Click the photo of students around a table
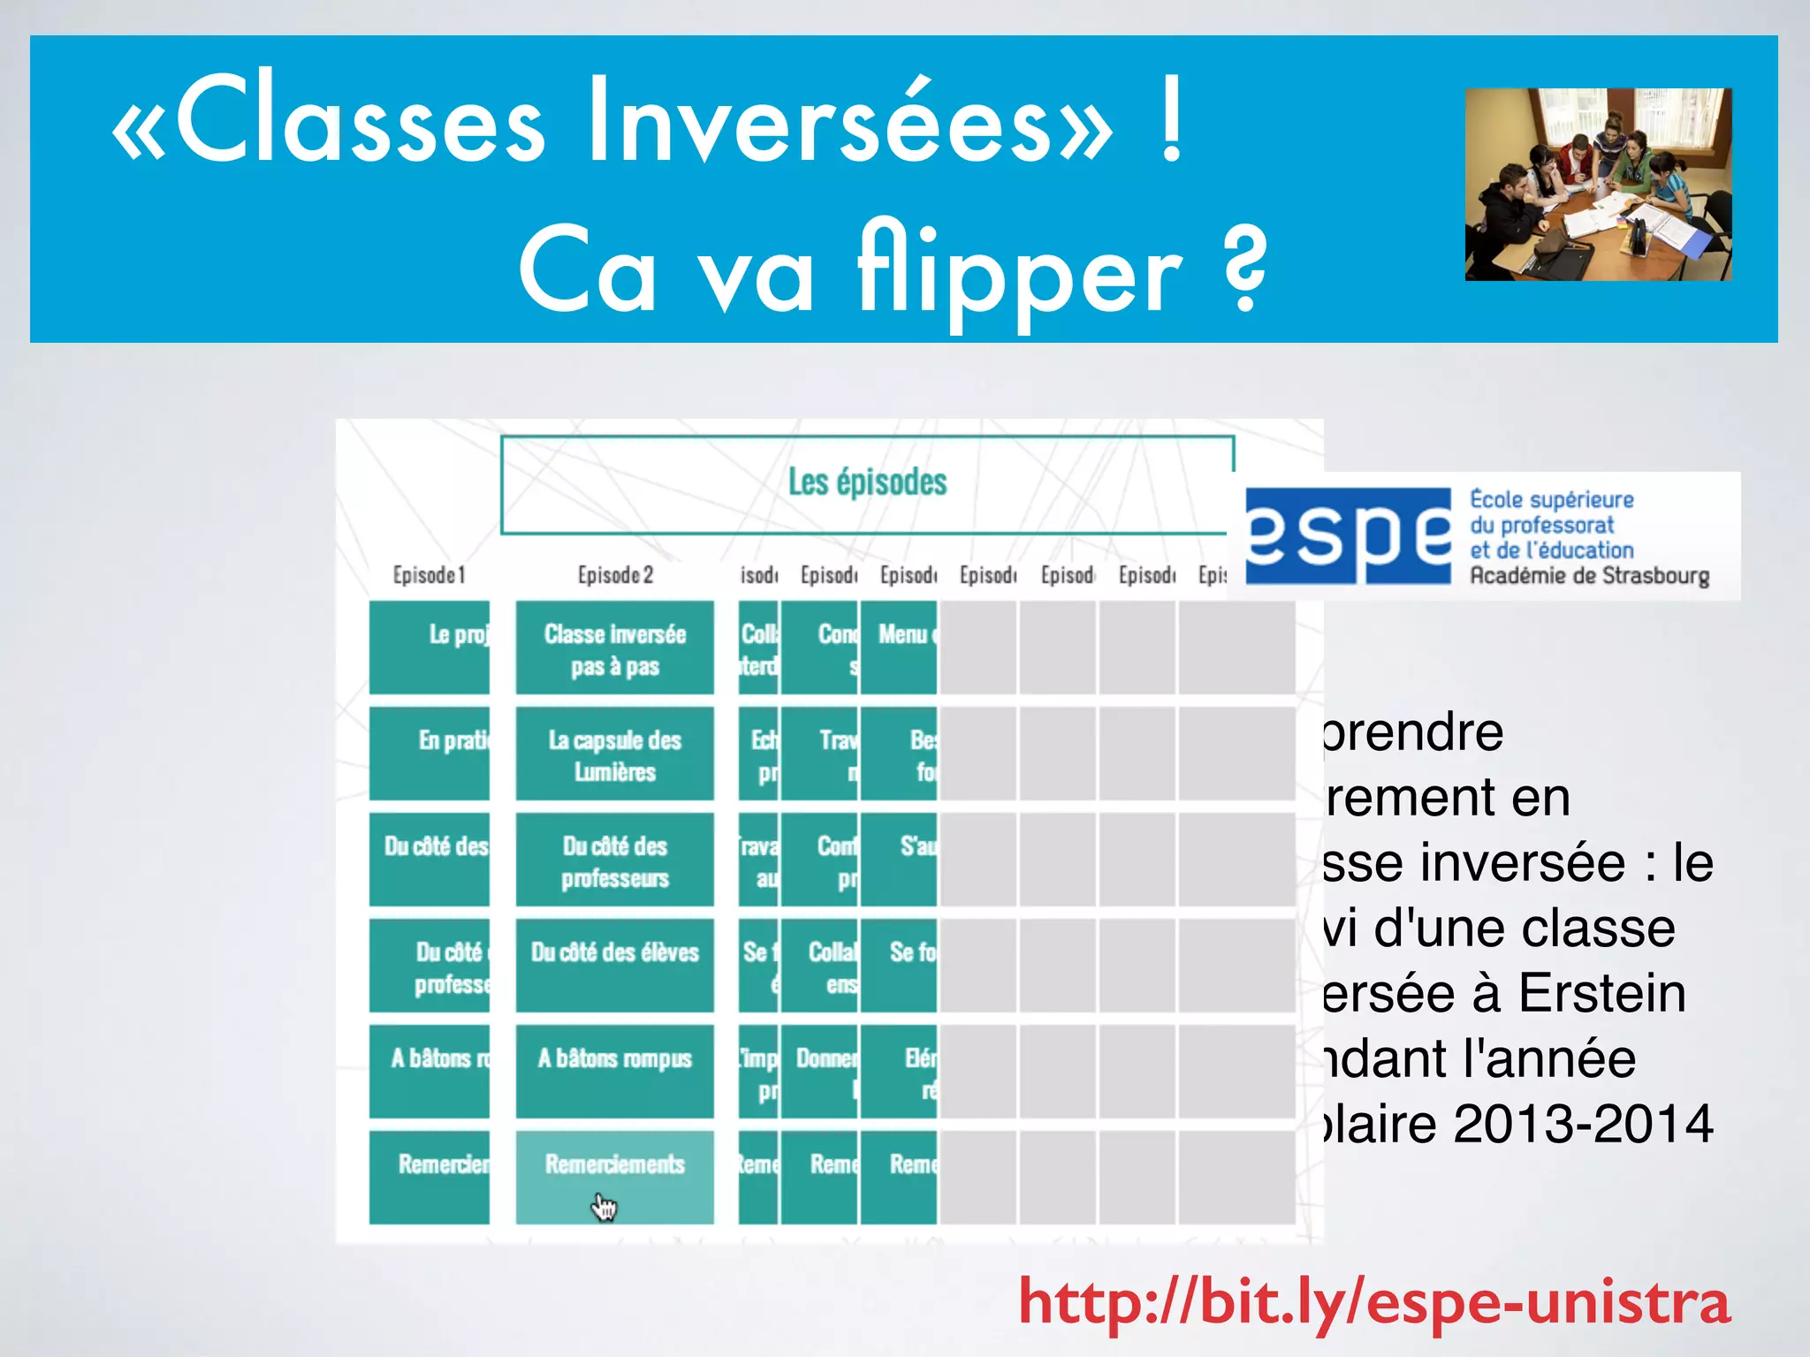coord(1598,185)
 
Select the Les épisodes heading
coord(867,482)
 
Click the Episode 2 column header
coord(615,575)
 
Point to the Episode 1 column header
coord(429,575)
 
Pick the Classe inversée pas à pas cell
coord(615,648)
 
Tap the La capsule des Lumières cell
coord(615,754)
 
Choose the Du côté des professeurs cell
coord(615,860)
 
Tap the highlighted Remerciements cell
coord(615,1166)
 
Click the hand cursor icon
coord(605,1207)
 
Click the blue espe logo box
coord(1348,536)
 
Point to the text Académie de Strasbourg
coord(1589,576)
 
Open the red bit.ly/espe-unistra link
coord(1374,1301)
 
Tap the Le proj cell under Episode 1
coord(430,647)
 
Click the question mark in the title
coord(1246,269)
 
